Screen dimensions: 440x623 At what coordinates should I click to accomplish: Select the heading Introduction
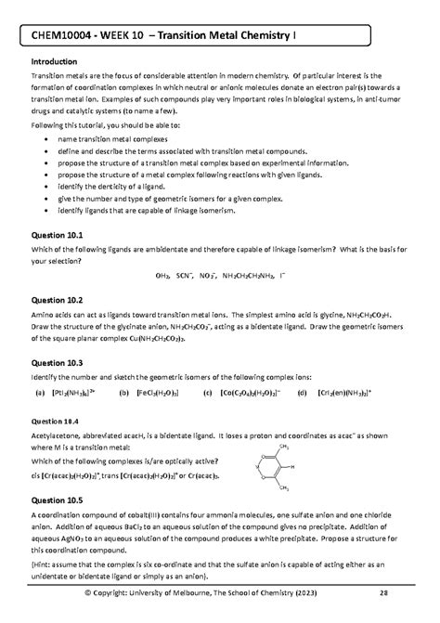tap(58, 62)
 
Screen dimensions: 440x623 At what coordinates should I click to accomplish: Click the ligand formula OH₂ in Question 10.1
tap(164, 276)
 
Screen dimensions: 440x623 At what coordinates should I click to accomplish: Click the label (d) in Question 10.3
tap(302, 393)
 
